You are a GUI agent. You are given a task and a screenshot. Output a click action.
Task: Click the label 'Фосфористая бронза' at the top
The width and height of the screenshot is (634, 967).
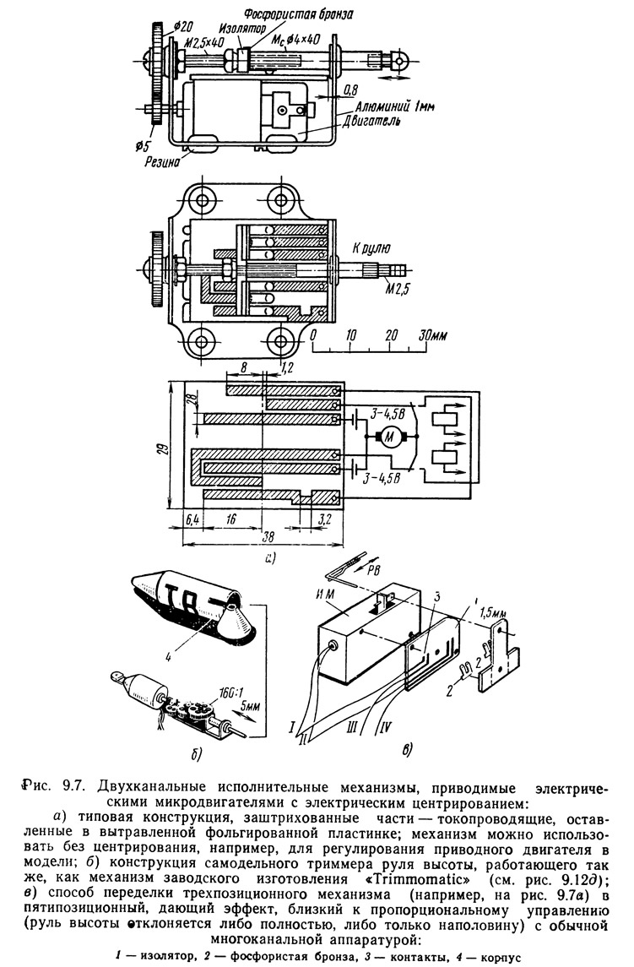pos(299,13)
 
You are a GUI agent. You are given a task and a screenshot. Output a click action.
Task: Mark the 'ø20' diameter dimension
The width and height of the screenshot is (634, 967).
pos(182,26)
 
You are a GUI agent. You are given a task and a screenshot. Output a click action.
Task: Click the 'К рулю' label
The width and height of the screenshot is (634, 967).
pos(371,248)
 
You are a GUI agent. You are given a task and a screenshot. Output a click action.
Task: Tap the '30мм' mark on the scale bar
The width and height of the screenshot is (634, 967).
pos(433,335)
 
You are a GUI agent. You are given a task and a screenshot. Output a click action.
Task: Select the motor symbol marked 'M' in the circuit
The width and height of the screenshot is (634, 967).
pos(389,437)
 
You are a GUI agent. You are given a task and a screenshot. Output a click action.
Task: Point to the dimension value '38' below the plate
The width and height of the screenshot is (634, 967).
pos(268,537)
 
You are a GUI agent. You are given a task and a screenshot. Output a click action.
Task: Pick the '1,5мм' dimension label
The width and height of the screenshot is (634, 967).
pos(492,614)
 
